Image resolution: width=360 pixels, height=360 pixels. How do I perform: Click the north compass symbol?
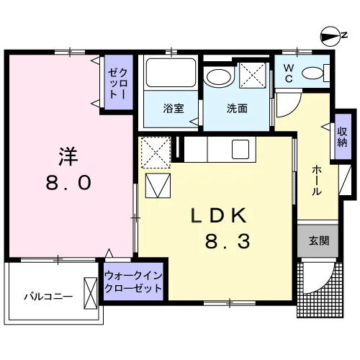(x=330, y=36)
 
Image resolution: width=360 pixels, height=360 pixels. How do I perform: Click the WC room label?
(x=289, y=73)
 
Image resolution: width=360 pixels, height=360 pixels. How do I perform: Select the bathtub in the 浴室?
(x=171, y=73)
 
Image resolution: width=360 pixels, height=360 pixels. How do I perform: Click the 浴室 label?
(x=174, y=108)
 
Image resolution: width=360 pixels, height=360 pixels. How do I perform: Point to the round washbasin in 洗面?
(x=219, y=76)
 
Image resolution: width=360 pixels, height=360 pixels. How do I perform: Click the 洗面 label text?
(x=237, y=109)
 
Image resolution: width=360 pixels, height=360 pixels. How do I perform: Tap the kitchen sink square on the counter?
(x=240, y=149)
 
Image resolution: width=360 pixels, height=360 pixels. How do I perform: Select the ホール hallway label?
(x=317, y=180)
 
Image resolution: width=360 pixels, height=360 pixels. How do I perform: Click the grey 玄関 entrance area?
(x=318, y=240)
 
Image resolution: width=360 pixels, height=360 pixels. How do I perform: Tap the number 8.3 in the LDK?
(x=228, y=241)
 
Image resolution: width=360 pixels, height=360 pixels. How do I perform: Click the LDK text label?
(x=219, y=215)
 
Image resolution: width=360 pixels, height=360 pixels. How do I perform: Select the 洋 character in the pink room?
(x=68, y=156)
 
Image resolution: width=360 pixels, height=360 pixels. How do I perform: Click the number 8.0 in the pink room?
(x=68, y=183)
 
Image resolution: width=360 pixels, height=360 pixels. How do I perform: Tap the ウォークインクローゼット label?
(x=133, y=282)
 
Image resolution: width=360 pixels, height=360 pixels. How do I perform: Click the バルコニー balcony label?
(x=48, y=297)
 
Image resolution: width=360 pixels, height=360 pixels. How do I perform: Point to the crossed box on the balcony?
(x=91, y=293)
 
